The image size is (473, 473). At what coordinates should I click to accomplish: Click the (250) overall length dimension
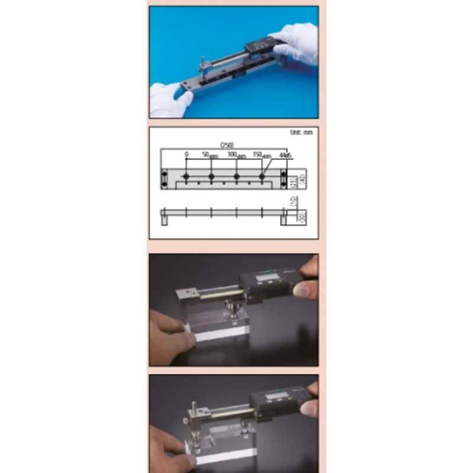tap(225, 144)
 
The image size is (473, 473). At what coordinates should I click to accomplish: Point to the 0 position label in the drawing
tap(186, 154)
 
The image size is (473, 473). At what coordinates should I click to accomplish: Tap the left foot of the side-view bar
tap(164, 219)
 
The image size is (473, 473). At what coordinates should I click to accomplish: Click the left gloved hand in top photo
tap(169, 98)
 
